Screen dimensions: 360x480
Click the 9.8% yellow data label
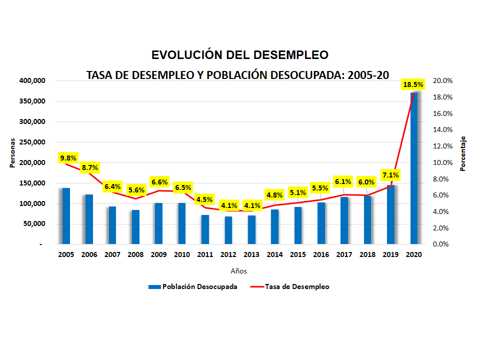click(68, 158)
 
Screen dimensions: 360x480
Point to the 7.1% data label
click(390, 175)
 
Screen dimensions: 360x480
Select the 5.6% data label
click(136, 190)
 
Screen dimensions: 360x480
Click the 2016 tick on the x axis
click(321, 254)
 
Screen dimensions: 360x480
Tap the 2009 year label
click(158, 254)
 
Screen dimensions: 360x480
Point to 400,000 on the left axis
click(32, 80)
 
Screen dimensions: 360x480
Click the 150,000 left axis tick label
click(32, 183)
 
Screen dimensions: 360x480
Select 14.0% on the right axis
click(442, 129)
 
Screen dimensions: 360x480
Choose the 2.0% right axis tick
click(442, 228)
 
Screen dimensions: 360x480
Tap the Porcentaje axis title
click(462, 153)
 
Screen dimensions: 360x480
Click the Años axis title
click(238, 271)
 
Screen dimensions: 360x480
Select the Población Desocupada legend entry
click(192, 286)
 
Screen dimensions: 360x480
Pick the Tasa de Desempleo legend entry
click(290, 286)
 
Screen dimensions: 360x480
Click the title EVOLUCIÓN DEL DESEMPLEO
click(240, 54)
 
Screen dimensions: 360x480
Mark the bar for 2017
click(344, 220)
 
